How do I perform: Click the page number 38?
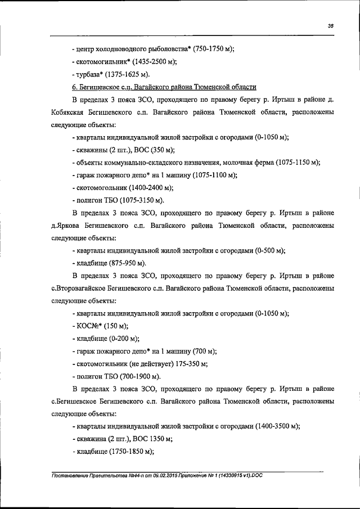(x=331, y=25)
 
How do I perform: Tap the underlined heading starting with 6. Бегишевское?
(x=165, y=87)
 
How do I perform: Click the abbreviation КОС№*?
(x=89, y=326)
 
